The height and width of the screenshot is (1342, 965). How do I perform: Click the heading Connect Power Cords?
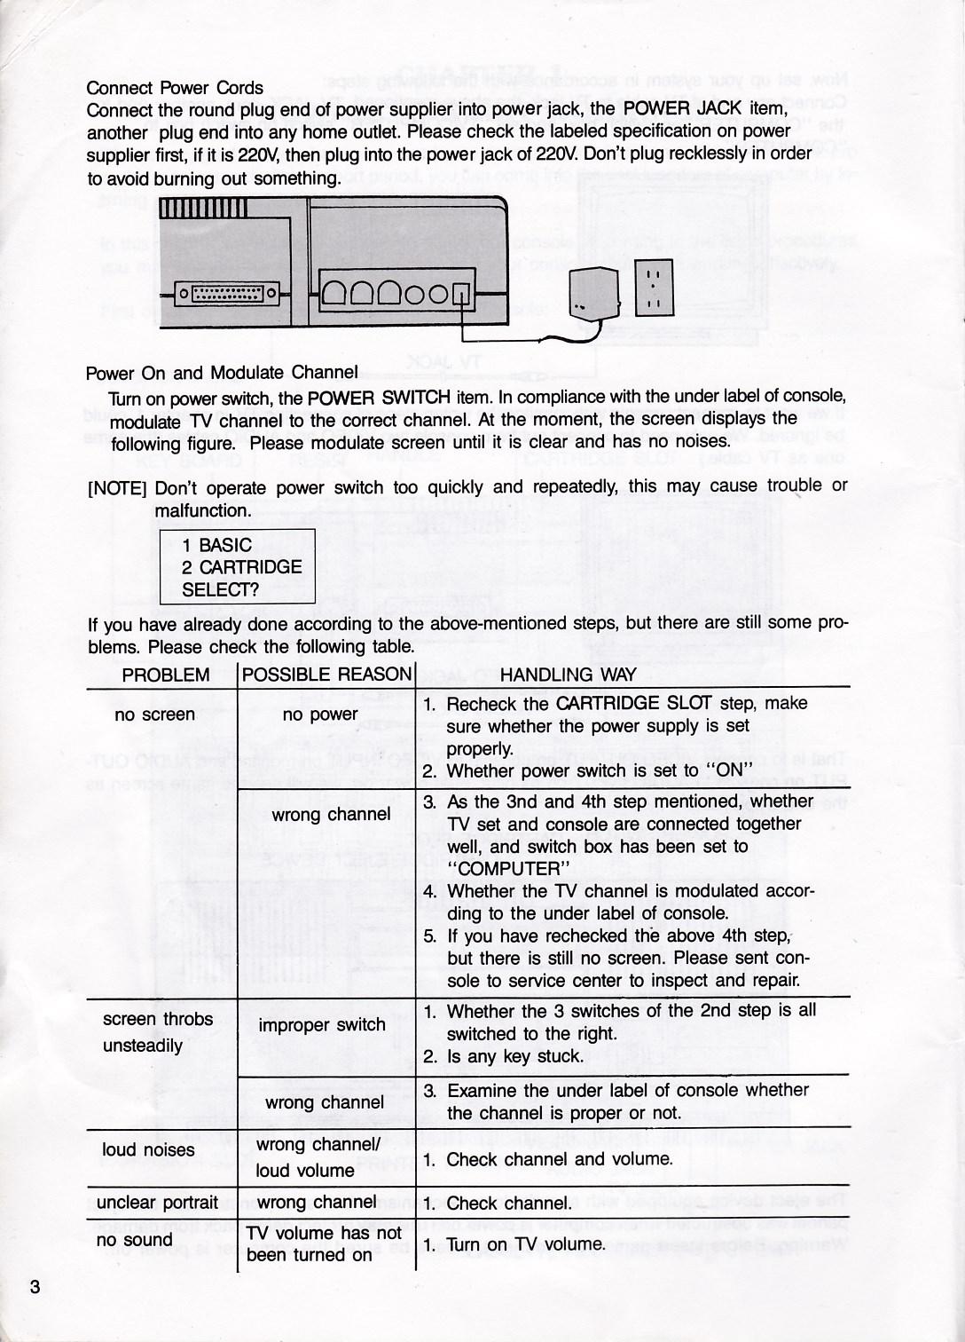(x=175, y=88)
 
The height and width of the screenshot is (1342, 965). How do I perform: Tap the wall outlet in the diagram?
(x=655, y=287)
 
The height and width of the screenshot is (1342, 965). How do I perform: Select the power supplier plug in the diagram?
(x=588, y=293)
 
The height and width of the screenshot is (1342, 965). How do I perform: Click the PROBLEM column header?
(x=166, y=675)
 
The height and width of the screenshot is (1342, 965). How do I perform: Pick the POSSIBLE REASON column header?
(x=327, y=675)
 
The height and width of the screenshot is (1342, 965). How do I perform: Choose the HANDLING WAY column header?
(x=568, y=675)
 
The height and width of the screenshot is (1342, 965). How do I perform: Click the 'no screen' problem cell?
(x=154, y=714)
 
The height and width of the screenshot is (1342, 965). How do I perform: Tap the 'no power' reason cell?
(x=320, y=714)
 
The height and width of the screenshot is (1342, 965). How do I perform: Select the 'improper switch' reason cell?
(x=322, y=1025)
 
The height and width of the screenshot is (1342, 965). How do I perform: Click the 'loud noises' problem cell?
(x=148, y=1150)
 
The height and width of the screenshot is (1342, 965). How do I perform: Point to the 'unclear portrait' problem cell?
(x=157, y=1203)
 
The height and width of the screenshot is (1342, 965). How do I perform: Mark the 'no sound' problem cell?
(x=134, y=1240)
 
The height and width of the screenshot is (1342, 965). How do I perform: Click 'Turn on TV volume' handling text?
(x=526, y=1244)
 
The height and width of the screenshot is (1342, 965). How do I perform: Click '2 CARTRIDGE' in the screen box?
(x=241, y=567)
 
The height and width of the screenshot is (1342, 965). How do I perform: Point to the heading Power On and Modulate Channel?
(x=222, y=373)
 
